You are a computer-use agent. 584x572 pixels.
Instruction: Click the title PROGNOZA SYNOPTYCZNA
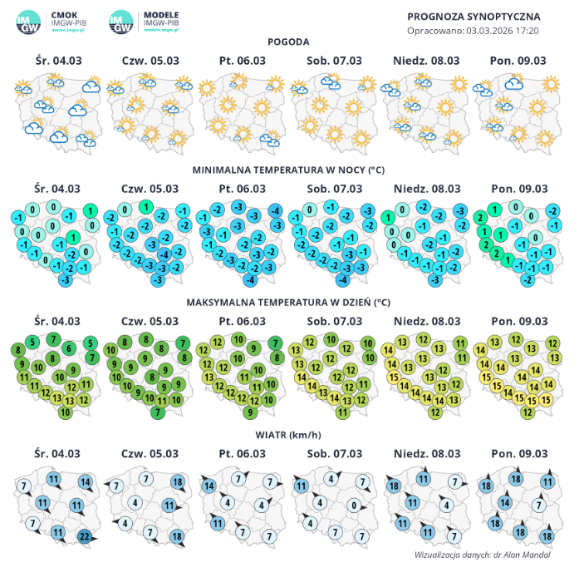[474, 16]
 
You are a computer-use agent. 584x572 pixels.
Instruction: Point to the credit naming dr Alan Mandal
[482, 555]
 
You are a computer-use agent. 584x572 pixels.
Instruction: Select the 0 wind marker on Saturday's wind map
[354, 505]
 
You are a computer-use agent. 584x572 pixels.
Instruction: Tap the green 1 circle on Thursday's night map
[145, 207]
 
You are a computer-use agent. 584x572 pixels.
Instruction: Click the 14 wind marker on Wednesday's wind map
[85, 482]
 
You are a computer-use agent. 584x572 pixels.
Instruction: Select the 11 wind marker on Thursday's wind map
[169, 505]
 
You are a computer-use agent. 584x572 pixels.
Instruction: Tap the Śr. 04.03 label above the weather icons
[57, 60]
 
